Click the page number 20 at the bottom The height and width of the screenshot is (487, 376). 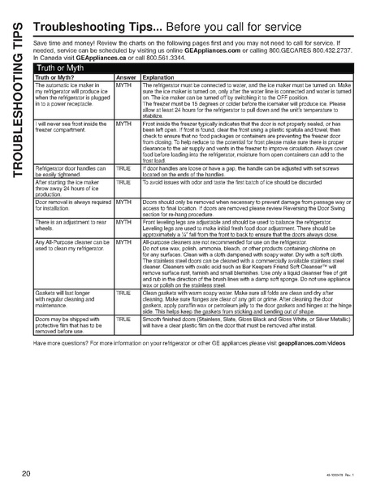click(x=27, y=472)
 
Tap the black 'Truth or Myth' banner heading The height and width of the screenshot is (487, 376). click(x=61, y=69)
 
